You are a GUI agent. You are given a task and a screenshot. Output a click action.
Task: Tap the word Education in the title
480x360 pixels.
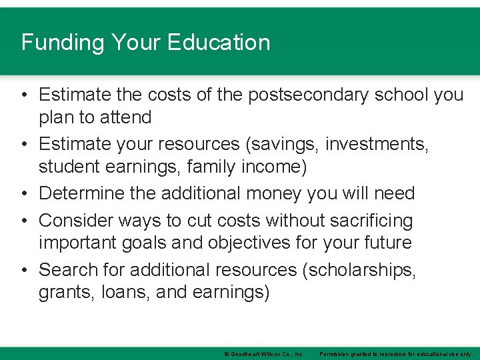219,43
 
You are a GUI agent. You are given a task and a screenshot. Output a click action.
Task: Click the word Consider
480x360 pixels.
79,220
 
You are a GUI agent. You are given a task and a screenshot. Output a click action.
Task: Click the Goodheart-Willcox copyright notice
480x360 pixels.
264,353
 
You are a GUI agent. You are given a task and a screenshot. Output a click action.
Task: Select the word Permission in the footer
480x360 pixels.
338,353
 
